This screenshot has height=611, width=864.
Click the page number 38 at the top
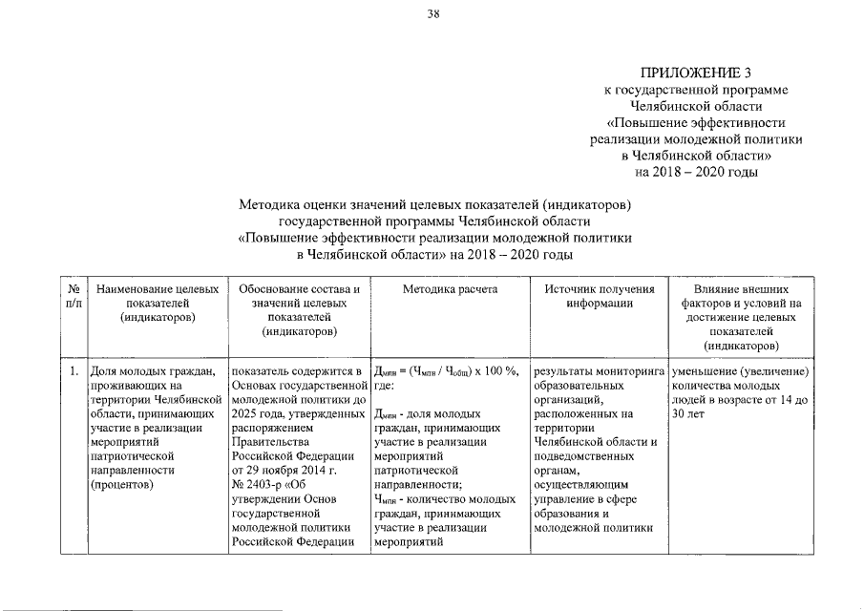pyautogui.click(x=432, y=12)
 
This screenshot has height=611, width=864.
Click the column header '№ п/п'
pyautogui.click(x=74, y=295)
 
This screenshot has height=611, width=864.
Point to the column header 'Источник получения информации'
pyautogui.click(x=599, y=295)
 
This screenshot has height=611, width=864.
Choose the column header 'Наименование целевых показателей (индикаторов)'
pyautogui.click(x=158, y=303)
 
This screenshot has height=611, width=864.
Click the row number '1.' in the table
pyautogui.click(x=74, y=370)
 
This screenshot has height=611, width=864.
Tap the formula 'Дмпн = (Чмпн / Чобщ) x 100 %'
pyautogui.click(x=446, y=371)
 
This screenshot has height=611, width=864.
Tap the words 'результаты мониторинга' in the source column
pyautogui.click(x=599, y=370)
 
